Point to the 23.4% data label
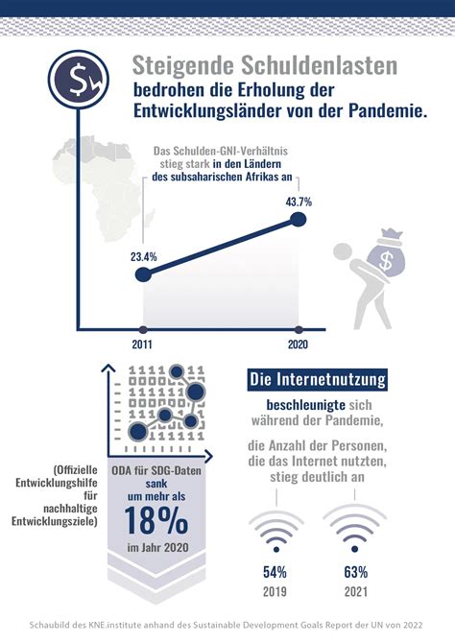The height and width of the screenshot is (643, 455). coord(143,257)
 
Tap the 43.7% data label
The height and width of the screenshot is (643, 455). coord(299,202)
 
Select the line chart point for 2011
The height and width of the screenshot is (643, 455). coord(143,275)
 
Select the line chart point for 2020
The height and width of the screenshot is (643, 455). coord(299,221)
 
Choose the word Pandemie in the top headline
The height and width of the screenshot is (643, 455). coord(384,113)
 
